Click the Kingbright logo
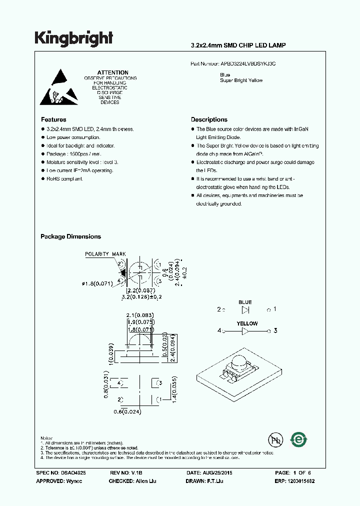tap(73, 37)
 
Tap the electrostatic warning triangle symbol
tap(59, 86)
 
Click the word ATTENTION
tap(112, 72)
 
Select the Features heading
tap(53, 119)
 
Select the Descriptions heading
tap(209, 119)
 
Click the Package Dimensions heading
tap(70, 236)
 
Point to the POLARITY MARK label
tap(105, 254)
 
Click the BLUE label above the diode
tap(245, 302)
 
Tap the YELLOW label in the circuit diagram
tap(247, 323)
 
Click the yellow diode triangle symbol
tap(245, 331)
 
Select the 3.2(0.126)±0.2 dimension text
tap(142, 296)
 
